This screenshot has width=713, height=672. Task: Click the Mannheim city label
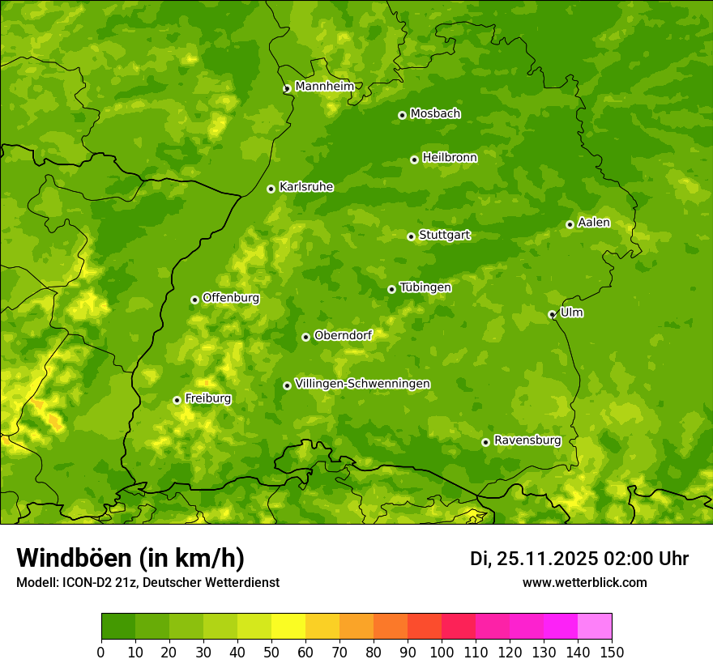tap(324, 87)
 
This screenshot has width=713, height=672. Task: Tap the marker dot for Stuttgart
tap(411, 236)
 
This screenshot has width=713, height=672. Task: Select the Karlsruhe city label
tap(305, 187)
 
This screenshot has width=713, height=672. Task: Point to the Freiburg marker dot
tap(177, 400)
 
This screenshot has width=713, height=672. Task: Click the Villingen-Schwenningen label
tap(362, 384)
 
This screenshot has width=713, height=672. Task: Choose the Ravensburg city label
tap(527, 440)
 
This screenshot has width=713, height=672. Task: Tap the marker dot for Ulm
tap(552, 314)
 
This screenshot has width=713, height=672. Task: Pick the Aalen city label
tap(593, 223)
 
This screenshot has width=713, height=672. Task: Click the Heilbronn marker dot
tap(414, 159)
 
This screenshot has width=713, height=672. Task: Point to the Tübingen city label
tap(425, 287)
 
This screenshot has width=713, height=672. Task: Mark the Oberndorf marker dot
tap(305, 337)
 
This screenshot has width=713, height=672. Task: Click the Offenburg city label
tap(230, 298)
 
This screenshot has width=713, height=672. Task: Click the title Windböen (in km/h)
tap(130, 558)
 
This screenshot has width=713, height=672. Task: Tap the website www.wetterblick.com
tap(584, 582)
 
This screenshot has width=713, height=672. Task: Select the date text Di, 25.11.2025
tap(533, 559)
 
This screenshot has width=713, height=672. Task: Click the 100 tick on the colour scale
tap(442, 652)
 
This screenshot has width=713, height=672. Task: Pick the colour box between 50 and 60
tap(288, 627)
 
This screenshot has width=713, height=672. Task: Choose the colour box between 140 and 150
tap(595, 627)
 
